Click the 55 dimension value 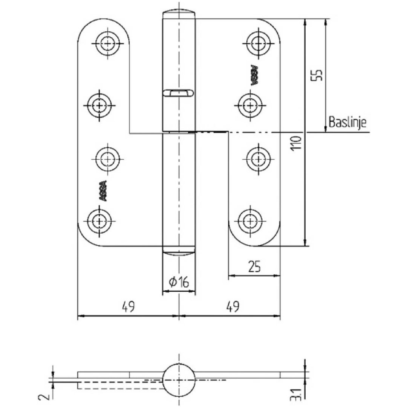coord(317,75)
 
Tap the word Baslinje coord(347,122)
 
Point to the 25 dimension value coord(254,266)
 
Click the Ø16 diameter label coord(179,282)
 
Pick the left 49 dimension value coord(128,306)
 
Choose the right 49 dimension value coord(233,306)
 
